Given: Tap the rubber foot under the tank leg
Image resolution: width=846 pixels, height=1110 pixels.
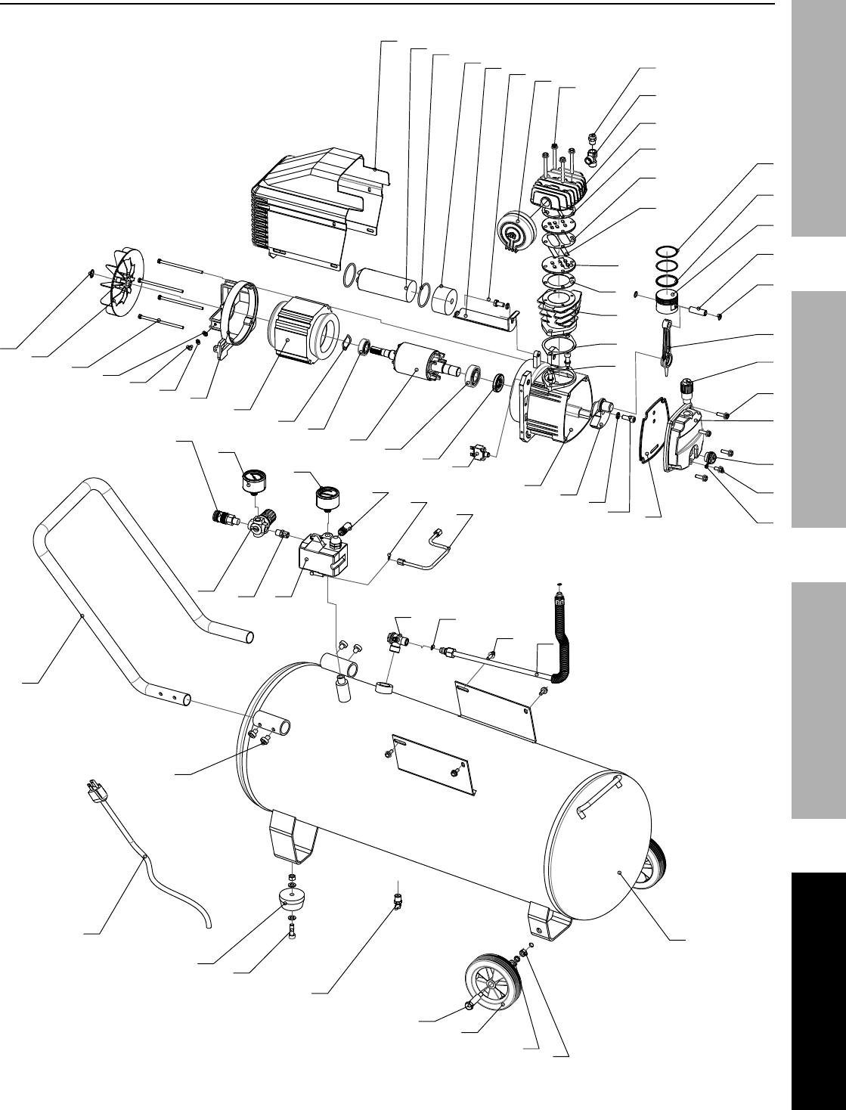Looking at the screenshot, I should coord(292,902).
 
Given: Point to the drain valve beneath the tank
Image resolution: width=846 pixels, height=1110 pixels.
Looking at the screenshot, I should coord(395,898).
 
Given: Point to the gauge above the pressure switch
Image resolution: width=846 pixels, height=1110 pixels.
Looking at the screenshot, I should coord(329,496).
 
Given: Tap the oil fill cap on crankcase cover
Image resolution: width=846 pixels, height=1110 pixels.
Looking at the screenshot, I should coord(687,390).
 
